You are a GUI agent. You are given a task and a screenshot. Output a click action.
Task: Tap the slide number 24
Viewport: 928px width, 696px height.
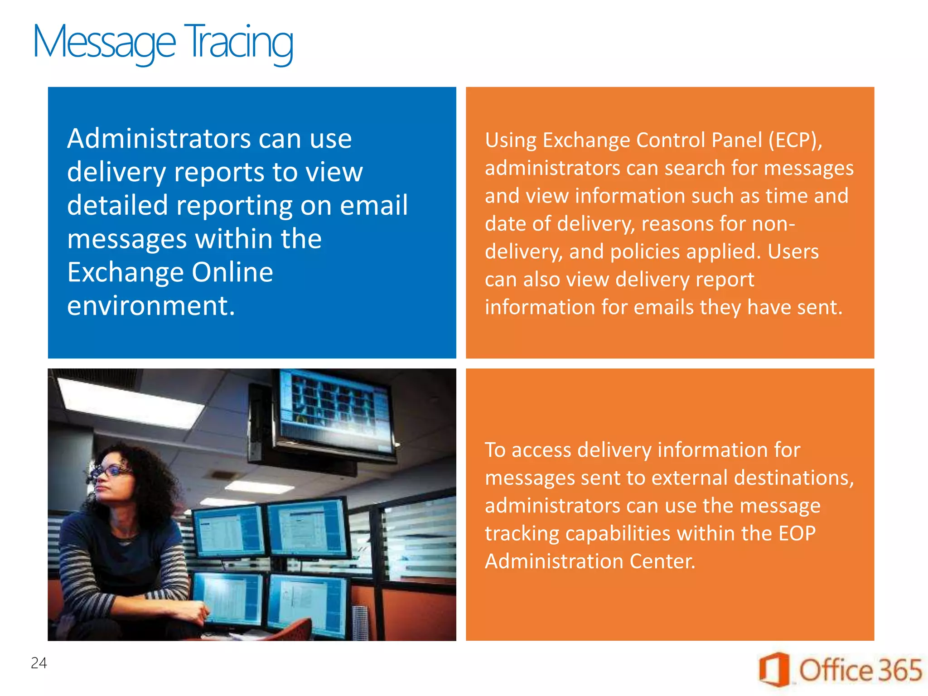39,663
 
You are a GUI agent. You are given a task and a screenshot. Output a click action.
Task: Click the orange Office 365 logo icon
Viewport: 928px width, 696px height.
774,669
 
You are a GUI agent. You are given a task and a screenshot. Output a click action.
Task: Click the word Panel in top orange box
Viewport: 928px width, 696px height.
737,140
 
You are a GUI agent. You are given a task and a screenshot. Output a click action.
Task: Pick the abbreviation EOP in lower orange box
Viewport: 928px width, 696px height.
797,533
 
